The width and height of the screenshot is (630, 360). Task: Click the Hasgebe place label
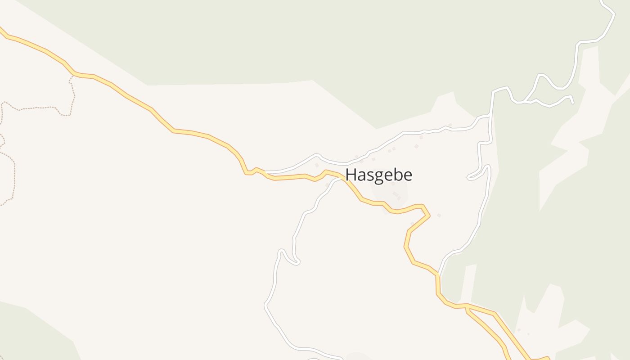click(378, 175)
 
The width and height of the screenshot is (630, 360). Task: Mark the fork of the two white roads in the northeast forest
click(524, 101)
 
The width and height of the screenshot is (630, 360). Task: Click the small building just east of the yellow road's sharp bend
click(439, 216)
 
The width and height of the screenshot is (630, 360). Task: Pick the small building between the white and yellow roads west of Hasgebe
click(317, 165)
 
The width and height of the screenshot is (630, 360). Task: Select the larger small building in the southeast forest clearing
click(519, 330)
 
